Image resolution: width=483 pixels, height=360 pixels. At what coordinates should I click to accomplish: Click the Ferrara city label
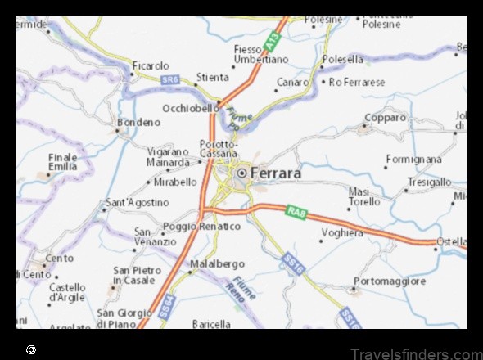(x=276, y=173)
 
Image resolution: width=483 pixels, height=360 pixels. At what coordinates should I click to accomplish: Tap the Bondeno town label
(x=138, y=122)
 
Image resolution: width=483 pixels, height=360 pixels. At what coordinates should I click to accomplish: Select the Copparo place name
(x=385, y=118)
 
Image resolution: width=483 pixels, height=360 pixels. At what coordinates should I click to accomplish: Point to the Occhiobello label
(x=190, y=108)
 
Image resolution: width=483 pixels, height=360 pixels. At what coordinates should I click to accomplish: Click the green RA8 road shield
(x=296, y=213)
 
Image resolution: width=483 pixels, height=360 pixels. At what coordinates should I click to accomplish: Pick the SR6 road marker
(x=169, y=79)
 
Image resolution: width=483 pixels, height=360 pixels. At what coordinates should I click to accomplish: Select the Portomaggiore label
(x=390, y=281)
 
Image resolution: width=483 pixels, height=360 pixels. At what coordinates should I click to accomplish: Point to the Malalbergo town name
(x=217, y=264)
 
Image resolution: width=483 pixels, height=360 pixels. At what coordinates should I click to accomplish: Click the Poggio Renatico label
(x=201, y=226)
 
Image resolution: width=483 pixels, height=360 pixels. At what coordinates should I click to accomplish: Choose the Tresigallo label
(x=429, y=182)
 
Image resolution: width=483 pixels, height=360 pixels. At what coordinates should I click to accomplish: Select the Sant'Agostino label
(x=138, y=202)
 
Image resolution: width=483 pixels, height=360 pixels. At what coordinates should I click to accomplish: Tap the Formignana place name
(x=413, y=159)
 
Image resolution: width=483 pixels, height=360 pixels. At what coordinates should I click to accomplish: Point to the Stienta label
(x=213, y=77)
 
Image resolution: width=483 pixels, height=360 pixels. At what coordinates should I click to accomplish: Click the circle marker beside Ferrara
(x=242, y=173)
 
